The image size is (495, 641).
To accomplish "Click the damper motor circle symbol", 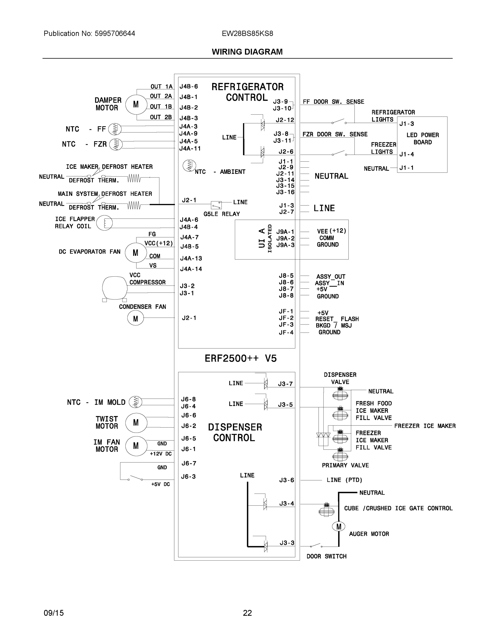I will point(136,104).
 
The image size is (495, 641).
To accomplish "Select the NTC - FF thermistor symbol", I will point(115,129).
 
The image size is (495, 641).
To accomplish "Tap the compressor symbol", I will point(114,288).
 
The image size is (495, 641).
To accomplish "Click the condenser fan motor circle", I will point(136,318).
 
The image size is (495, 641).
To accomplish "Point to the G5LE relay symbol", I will point(216,205).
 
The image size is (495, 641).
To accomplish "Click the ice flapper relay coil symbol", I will point(104,223).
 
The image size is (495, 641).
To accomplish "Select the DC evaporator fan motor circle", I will point(136,253).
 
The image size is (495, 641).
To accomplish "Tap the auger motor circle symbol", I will point(339,526).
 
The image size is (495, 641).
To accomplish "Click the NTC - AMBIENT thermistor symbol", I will point(189,166).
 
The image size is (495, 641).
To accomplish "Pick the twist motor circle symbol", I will point(136,423).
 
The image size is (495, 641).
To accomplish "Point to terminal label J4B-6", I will point(189,87).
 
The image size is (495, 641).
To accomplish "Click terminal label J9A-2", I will point(285,238).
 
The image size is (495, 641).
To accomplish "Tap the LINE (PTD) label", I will point(344,480).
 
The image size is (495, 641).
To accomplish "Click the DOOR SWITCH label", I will point(326,556).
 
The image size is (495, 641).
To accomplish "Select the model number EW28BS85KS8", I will point(247,33).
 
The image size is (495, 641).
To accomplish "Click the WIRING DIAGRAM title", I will point(247,52).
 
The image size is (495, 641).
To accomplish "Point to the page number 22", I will point(247,613).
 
